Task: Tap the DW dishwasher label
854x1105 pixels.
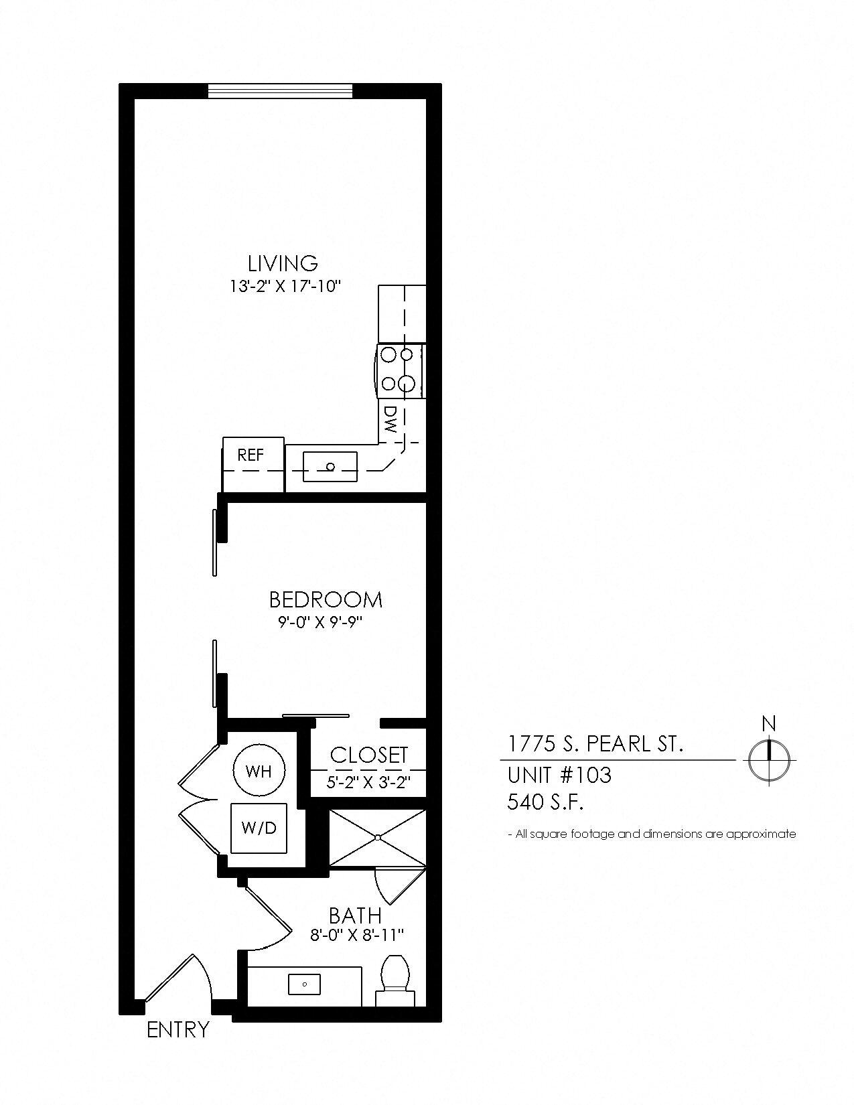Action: [391, 419]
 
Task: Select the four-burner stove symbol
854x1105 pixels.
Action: [400, 372]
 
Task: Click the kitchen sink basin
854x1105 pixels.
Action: [330, 467]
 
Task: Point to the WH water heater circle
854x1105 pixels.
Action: [259, 771]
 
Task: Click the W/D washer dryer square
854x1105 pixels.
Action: [259, 828]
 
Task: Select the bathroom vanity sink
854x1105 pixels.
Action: [304, 984]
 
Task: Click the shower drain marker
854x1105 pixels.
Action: [378, 837]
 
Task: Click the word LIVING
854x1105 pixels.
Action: [283, 263]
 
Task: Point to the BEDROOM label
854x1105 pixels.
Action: [326, 599]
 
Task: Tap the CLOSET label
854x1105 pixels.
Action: [368, 755]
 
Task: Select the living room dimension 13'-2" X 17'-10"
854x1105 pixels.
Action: [285, 287]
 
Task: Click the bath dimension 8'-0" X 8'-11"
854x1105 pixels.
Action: [358, 935]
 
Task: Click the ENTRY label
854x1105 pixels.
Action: [178, 1029]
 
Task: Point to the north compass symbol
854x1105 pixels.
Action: [769, 759]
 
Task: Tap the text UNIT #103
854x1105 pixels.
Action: [559, 775]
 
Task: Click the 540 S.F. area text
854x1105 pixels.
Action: [545, 802]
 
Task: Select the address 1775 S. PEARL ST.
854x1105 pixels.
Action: [595, 744]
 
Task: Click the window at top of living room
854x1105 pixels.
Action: [280, 90]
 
